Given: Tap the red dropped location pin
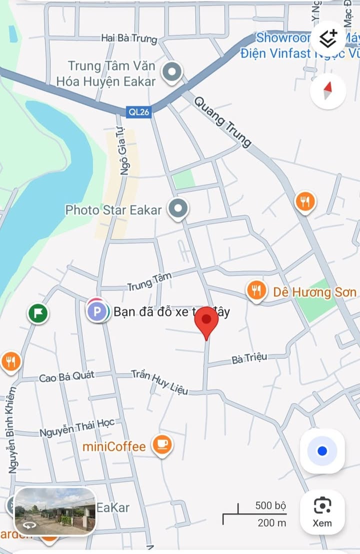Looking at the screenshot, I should point(206,320).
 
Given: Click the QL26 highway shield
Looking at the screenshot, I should point(139,112).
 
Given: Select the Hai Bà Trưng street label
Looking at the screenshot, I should point(129,38).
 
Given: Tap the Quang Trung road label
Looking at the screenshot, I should point(222,122).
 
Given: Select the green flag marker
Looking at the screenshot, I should point(38,314).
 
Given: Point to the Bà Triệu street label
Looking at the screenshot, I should point(249,358).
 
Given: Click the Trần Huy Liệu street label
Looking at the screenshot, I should point(159,382).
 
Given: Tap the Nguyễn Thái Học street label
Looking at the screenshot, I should point(77,428).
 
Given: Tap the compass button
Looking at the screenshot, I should point(327,91).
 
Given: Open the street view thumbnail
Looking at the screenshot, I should point(54,511).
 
